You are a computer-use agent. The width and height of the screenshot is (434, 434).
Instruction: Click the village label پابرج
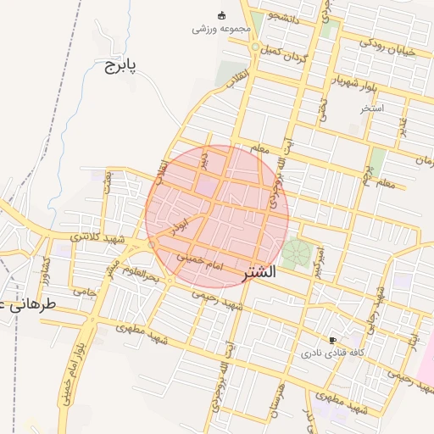pyautogui.click(x=120, y=64)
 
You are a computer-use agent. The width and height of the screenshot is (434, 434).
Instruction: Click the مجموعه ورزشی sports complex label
pyautogui.click(x=222, y=28)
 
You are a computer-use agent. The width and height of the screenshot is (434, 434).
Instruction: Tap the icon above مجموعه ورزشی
pyautogui.click(x=222, y=14)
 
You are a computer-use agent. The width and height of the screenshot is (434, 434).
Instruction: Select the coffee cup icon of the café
pyautogui.click(x=331, y=339)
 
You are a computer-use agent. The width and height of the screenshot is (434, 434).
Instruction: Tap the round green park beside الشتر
pyautogui.click(x=296, y=253)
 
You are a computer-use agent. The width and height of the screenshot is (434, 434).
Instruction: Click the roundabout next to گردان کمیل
pyautogui.click(x=254, y=47)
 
